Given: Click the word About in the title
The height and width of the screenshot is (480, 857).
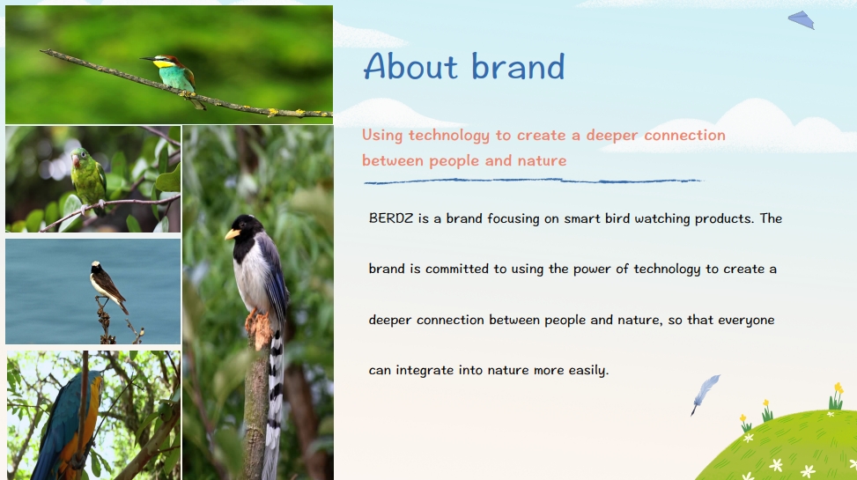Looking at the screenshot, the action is (410, 66).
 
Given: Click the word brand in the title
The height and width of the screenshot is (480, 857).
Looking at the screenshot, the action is (518, 66).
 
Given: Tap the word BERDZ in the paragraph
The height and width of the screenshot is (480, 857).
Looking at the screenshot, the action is (391, 218).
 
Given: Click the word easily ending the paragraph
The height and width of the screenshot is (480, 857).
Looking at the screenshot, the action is (588, 370).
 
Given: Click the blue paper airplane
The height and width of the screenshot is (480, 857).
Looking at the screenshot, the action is (802, 19).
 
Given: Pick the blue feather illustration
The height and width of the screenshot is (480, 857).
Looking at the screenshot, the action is (705, 395).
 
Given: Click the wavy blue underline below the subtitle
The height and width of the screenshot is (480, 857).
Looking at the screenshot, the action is (533, 181).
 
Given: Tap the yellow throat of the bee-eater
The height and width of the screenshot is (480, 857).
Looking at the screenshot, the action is (163, 64).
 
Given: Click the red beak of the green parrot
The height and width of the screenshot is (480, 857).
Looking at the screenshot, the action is (76, 160).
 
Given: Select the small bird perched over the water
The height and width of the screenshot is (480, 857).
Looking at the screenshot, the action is (107, 284).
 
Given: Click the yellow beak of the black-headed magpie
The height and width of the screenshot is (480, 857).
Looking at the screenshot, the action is (233, 234).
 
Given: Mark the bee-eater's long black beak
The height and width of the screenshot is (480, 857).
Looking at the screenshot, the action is (148, 58).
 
